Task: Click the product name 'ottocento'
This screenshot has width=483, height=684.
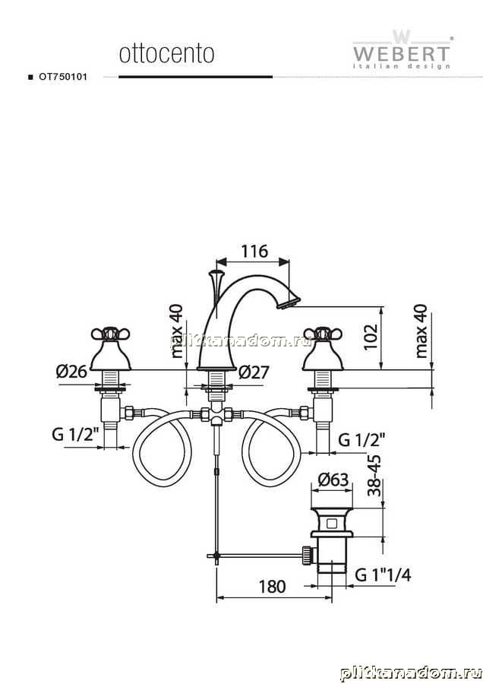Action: (166, 54)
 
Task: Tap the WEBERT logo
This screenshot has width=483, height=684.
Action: (402, 49)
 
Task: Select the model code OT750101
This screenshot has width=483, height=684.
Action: (63, 77)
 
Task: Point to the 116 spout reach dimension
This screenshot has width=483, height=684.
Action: (254, 252)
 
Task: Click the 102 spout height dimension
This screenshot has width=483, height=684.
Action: (371, 337)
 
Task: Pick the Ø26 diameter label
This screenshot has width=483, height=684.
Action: (71, 372)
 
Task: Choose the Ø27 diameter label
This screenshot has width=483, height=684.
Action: (254, 372)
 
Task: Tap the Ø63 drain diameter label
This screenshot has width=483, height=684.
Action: (334, 480)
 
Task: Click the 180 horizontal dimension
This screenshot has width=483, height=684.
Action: (272, 587)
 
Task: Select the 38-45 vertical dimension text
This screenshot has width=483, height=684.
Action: (374, 476)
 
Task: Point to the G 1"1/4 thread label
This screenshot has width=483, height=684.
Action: (383, 575)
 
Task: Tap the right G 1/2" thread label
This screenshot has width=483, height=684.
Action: (361, 440)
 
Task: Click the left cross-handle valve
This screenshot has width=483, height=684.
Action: (111, 350)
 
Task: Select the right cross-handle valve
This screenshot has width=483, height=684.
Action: (322, 350)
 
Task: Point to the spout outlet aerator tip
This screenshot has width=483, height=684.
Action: (289, 302)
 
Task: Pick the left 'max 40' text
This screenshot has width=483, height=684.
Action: (177, 331)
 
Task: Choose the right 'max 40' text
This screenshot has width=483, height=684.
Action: (421, 331)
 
